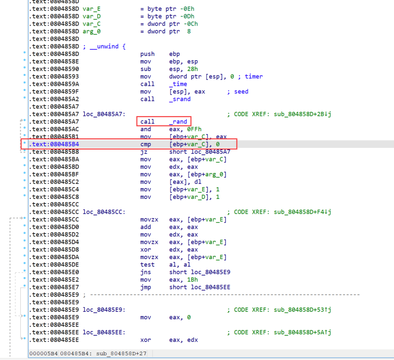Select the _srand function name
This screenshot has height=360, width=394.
click(180, 99)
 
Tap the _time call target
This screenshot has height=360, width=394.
click(178, 84)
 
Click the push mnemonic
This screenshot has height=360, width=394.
click(147, 54)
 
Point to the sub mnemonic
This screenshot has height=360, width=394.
click(146, 69)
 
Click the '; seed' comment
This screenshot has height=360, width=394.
click(237, 91)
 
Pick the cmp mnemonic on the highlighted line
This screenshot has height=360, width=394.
click(146, 144)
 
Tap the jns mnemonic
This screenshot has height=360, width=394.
click(146, 272)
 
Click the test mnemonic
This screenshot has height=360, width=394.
click(147, 264)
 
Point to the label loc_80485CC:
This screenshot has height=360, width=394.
click(104, 212)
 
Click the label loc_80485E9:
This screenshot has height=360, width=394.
click(104, 310)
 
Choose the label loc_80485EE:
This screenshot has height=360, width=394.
click(104, 332)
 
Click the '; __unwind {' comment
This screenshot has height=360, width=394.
click(104, 46)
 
